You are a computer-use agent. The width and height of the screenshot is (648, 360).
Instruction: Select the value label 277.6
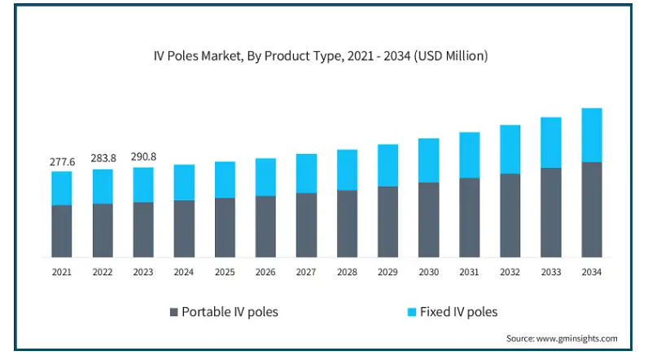tap(62, 162)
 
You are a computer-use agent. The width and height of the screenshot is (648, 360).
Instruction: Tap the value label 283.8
tap(103, 157)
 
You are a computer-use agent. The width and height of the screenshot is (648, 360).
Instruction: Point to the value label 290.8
tap(143, 156)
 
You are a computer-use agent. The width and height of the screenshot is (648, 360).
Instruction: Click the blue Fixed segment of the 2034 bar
tap(592, 135)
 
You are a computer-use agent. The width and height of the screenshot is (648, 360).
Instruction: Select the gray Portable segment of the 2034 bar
tap(592, 209)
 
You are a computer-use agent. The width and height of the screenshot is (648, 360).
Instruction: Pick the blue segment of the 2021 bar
tap(62, 188)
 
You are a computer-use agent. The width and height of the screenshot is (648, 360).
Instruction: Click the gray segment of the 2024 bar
tap(184, 229)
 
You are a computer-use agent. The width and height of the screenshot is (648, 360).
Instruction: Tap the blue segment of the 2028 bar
tap(348, 169)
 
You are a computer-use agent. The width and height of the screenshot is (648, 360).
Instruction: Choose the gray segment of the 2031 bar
tap(470, 217)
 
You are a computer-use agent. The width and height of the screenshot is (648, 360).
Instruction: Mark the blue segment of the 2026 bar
tap(266, 177)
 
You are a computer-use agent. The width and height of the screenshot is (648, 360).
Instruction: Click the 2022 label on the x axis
tap(103, 272)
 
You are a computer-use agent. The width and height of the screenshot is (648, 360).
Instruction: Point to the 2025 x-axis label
tap(225, 272)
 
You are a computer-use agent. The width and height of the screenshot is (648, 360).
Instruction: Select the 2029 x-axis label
tap(388, 272)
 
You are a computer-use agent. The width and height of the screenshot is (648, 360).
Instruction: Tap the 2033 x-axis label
tap(551, 272)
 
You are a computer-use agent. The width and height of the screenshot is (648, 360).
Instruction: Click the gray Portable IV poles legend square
tap(173, 312)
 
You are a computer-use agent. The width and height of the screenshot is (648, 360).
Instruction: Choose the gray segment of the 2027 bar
tap(307, 225)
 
